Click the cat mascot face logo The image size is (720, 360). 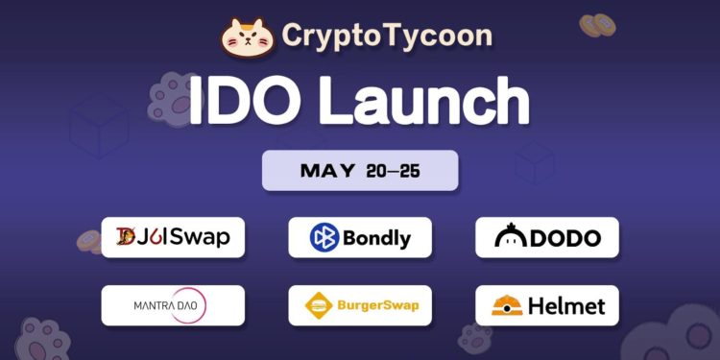(x=248, y=36)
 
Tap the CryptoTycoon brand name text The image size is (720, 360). (x=387, y=36)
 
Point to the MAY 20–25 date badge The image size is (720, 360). (x=360, y=171)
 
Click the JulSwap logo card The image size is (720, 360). (x=173, y=237)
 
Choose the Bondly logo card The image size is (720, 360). (x=360, y=237)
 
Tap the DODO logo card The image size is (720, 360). (x=547, y=237)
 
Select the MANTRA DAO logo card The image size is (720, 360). (x=173, y=306)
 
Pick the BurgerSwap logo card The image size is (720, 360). (x=360, y=306)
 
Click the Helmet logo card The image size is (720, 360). (x=547, y=306)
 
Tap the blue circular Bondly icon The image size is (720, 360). (x=324, y=237)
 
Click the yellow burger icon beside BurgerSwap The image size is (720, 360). (x=319, y=306)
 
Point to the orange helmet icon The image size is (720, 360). (x=506, y=306)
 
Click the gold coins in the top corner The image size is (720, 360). (x=597, y=25)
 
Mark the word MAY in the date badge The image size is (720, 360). (x=327, y=171)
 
